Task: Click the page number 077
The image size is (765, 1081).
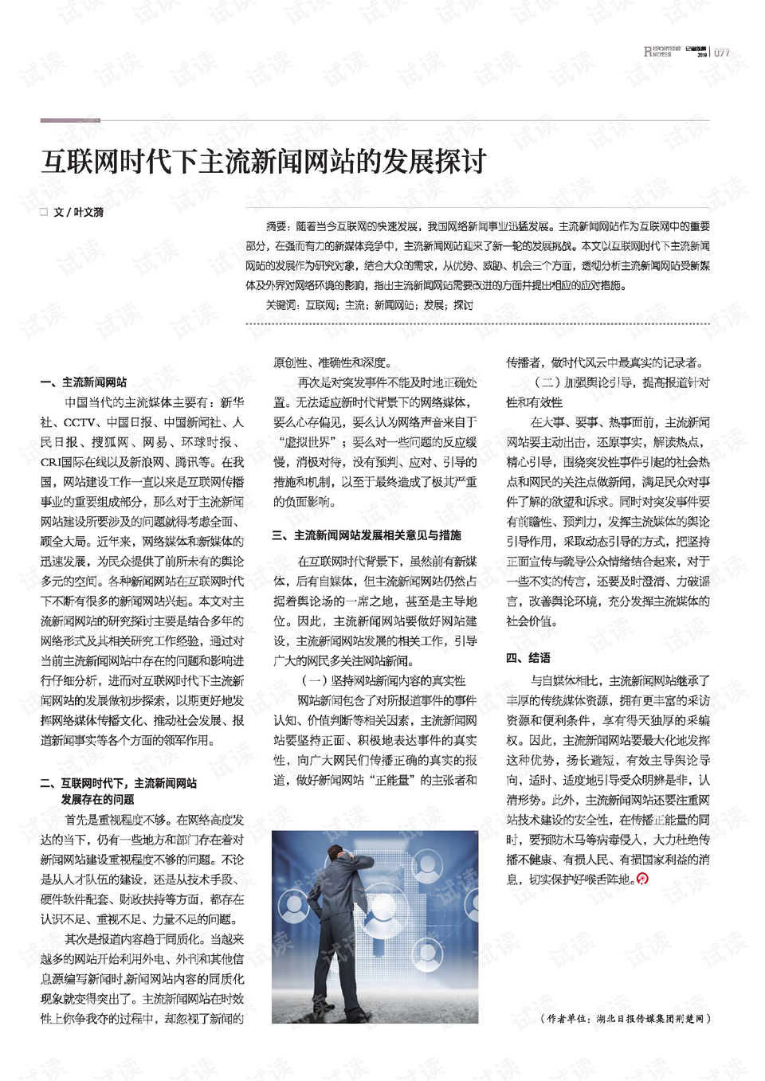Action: tap(721, 53)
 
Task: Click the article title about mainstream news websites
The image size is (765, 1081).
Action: tap(263, 162)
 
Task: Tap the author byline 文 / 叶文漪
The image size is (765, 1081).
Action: tap(78, 212)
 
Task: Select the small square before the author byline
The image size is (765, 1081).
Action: tap(44, 212)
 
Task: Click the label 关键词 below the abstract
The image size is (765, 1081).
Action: tap(281, 305)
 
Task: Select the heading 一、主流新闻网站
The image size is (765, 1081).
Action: tap(84, 382)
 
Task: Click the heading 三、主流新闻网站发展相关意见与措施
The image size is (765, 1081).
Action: tap(367, 535)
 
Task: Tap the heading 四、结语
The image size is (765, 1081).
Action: tap(528, 658)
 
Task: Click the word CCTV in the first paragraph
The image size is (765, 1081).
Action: tap(79, 422)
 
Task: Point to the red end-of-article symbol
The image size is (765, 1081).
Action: tap(642, 879)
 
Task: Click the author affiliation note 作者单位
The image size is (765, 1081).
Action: tap(626, 1018)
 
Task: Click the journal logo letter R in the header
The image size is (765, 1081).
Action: tap(648, 52)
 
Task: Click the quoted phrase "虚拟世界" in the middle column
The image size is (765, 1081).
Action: tap(307, 442)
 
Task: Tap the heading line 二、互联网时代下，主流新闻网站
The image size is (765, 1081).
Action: tap(119, 783)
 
